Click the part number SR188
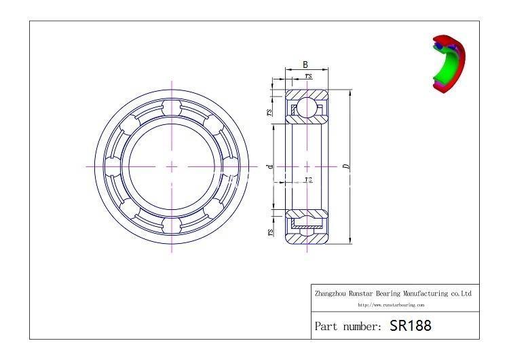[411, 325]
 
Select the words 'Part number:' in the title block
[348, 326]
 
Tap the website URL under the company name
[391, 305]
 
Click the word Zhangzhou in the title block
[331, 293]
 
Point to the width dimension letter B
[305, 65]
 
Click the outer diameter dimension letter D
[347, 166]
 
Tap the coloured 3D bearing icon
[449, 63]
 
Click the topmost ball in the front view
[172, 107]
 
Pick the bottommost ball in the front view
[172, 226]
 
